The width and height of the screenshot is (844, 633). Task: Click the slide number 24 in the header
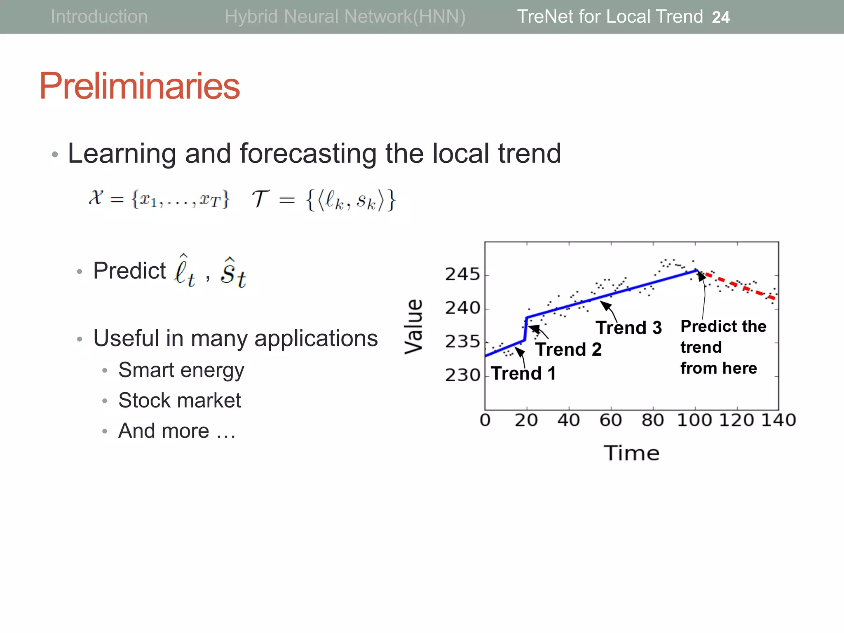click(720, 17)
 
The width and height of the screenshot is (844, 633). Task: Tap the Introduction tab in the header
click(99, 17)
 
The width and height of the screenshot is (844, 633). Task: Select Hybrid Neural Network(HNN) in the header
click(345, 17)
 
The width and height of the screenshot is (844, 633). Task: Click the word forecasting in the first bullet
click(308, 153)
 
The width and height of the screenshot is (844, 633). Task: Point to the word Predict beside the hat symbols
click(129, 271)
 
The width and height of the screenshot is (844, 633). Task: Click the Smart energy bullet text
click(181, 370)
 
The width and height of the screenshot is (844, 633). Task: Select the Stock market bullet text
click(179, 400)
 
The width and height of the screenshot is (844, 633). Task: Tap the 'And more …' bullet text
click(177, 431)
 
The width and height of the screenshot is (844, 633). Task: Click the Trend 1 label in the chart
click(523, 373)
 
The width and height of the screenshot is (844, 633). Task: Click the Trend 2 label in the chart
click(569, 349)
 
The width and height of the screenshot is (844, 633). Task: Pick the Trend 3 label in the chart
click(628, 328)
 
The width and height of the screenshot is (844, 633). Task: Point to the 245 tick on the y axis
click(462, 274)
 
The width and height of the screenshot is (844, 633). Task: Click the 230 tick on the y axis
click(462, 375)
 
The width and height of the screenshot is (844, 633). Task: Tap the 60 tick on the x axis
click(610, 420)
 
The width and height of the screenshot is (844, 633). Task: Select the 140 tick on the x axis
click(778, 420)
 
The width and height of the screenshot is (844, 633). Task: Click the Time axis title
click(631, 453)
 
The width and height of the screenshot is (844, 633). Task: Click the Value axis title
click(414, 326)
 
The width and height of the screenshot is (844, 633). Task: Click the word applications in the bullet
click(316, 339)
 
